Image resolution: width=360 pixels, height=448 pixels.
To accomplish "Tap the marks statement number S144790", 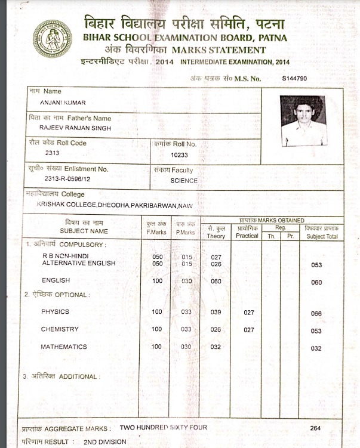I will [294, 78].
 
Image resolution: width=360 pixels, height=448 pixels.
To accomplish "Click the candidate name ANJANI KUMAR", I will [66, 103].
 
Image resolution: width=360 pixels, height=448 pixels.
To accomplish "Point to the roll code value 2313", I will [52, 153].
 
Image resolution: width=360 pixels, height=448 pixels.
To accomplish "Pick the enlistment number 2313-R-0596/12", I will [68, 179].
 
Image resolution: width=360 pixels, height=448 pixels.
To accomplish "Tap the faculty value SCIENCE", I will [183, 180].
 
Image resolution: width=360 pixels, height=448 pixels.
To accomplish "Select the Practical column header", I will [247, 236].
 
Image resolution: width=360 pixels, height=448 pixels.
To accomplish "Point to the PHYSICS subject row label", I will [55, 312].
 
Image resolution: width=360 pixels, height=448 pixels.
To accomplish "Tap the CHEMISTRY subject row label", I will [60, 329].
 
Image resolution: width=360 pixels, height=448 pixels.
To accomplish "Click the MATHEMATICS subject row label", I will [63, 347].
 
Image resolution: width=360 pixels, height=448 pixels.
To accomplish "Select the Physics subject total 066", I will [316, 314].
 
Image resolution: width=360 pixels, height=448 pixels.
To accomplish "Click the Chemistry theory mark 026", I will [216, 330].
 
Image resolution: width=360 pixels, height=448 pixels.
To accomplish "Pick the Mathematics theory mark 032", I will [216, 347].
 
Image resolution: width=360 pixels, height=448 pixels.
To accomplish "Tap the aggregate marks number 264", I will [316, 428].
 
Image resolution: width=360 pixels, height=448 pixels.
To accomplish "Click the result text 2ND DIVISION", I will [105, 442].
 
